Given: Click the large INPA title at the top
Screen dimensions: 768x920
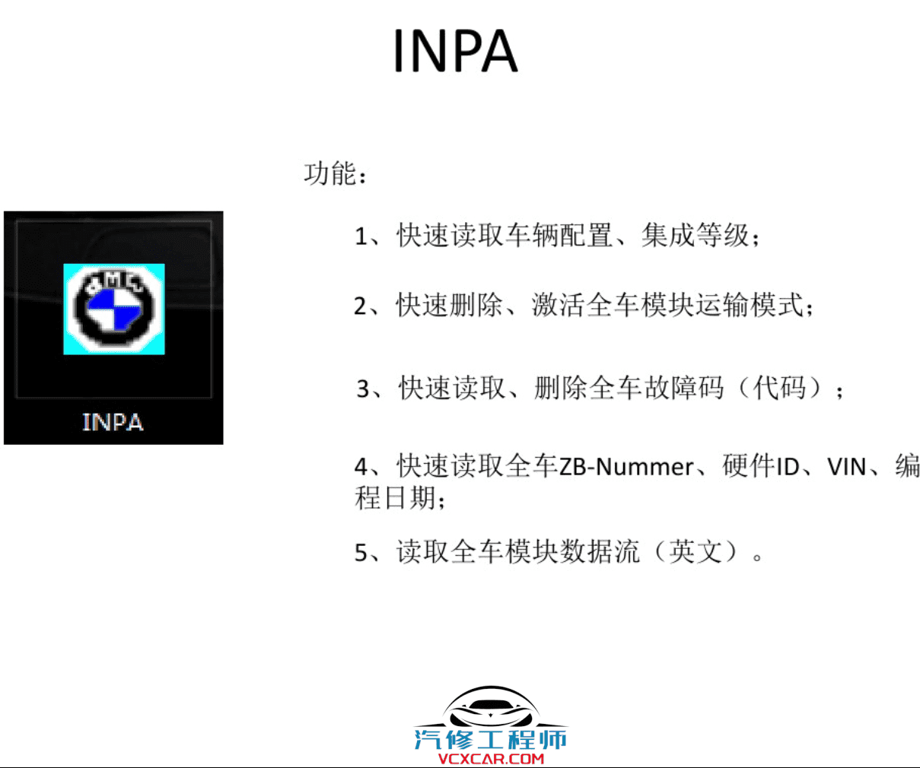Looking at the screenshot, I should coord(455,51).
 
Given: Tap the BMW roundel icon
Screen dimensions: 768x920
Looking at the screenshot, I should coord(114,309).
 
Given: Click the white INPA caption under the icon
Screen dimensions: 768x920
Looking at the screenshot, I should coord(113,422).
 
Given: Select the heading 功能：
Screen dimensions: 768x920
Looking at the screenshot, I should coord(336,174).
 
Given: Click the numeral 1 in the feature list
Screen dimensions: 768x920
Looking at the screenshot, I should coord(361,236).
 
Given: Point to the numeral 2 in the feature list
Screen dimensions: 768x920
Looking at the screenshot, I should coord(361,306).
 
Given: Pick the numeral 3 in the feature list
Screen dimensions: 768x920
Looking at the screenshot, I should coord(364,389).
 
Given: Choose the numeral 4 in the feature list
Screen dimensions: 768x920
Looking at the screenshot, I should coord(361,466).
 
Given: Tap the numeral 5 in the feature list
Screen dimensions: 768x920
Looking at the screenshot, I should coord(361,553).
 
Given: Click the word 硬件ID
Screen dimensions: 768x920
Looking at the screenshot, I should coord(760,466).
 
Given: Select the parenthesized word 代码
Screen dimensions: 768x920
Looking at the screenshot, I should coord(779,389).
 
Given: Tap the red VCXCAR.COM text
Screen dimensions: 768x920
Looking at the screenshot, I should coord(491,758).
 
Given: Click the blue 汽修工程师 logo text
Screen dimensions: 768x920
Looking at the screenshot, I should coord(491,738).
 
